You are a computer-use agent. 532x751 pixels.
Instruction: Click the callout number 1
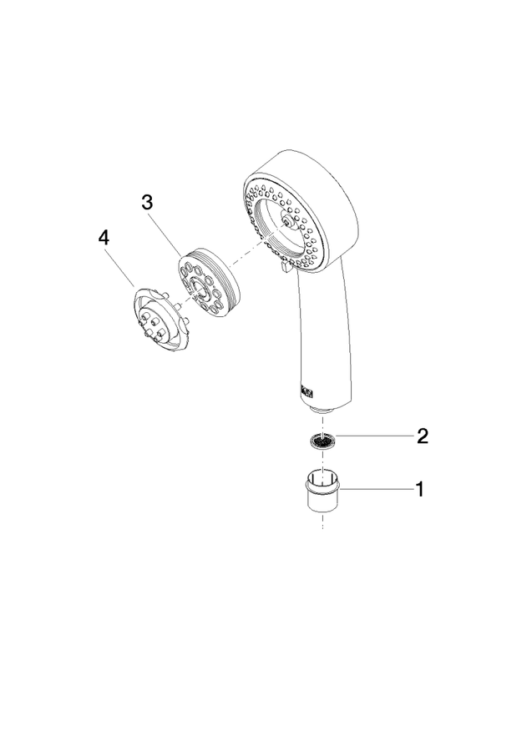420,490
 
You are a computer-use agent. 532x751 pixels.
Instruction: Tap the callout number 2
423,436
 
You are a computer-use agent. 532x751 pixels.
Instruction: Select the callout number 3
147,202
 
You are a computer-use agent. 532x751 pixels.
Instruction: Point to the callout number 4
104,238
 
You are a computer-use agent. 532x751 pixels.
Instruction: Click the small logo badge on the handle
307,392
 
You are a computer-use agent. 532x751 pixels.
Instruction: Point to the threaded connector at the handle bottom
322,410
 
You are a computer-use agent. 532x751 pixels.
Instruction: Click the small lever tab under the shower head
283,266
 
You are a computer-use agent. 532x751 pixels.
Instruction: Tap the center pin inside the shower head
286,220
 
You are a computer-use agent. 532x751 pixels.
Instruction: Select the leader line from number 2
374,436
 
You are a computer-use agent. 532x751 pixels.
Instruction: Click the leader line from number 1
377,489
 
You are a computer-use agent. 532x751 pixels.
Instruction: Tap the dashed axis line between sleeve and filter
323,461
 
